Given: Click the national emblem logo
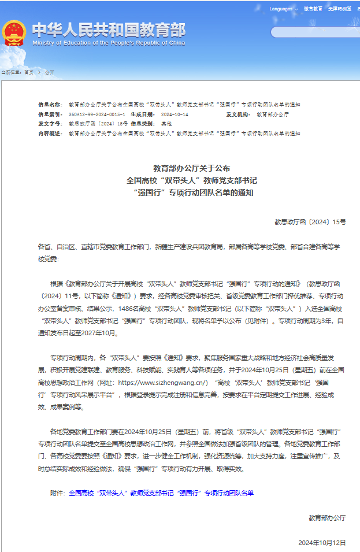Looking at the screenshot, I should tap(14, 33).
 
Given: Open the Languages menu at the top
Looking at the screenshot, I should tap(281, 9).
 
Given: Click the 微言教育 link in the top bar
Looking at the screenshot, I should tap(313, 9).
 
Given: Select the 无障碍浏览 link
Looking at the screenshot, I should tap(339, 9).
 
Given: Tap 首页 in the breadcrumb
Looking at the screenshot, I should tap(28, 72).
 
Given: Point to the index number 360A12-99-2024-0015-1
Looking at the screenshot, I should tap(97, 114).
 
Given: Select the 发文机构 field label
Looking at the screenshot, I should tap(238, 114).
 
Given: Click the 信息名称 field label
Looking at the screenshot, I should tap(50, 105).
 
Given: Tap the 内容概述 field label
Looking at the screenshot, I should tap(50, 133).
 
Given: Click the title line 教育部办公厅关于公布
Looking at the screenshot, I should tap(191, 168).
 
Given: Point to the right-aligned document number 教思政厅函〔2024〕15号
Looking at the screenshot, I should tap(310, 222).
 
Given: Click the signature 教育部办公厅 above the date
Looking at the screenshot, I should tap(326, 518).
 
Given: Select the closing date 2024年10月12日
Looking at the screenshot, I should tap(322, 543).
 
